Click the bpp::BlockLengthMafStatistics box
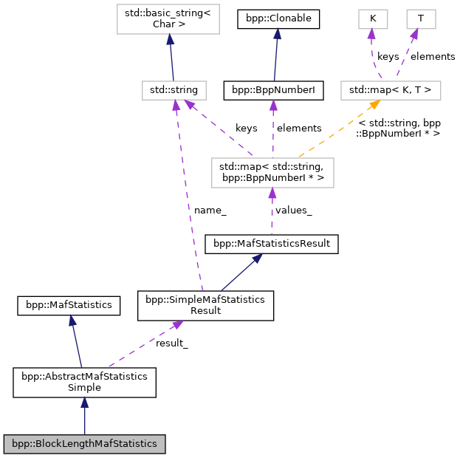click(84, 444)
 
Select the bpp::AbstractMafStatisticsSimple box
click(84, 381)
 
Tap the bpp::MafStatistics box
click(69, 304)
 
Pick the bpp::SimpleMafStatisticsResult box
click(206, 305)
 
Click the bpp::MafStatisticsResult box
click(271, 243)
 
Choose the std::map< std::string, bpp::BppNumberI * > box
click(272, 172)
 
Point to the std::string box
click(174, 90)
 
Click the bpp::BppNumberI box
click(274, 90)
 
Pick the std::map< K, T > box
click(391, 90)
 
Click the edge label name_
click(210, 210)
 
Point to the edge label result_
click(171, 343)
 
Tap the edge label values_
click(293, 210)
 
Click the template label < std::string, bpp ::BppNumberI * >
click(399, 127)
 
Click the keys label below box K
click(388, 55)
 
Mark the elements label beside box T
click(433, 55)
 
